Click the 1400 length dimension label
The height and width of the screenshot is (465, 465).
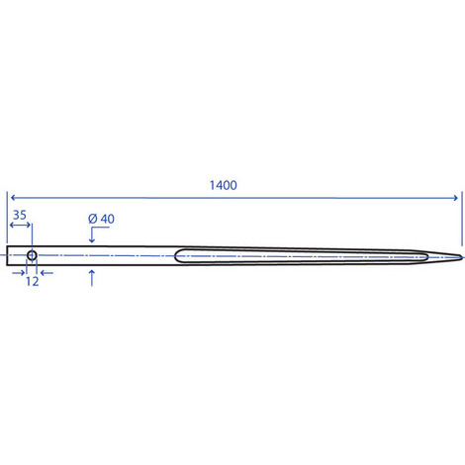click(x=224, y=185)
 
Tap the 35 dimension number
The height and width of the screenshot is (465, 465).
click(x=20, y=215)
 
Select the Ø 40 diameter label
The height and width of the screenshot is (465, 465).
click(x=101, y=219)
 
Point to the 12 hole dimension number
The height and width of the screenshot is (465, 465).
click(x=33, y=282)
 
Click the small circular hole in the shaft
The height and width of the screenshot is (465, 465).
click(x=32, y=255)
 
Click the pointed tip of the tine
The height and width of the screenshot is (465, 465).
click(x=461, y=257)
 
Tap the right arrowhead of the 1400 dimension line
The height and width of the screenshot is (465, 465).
click(x=455, y=198)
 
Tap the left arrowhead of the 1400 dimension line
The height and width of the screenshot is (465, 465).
click(x=13, y=198)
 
